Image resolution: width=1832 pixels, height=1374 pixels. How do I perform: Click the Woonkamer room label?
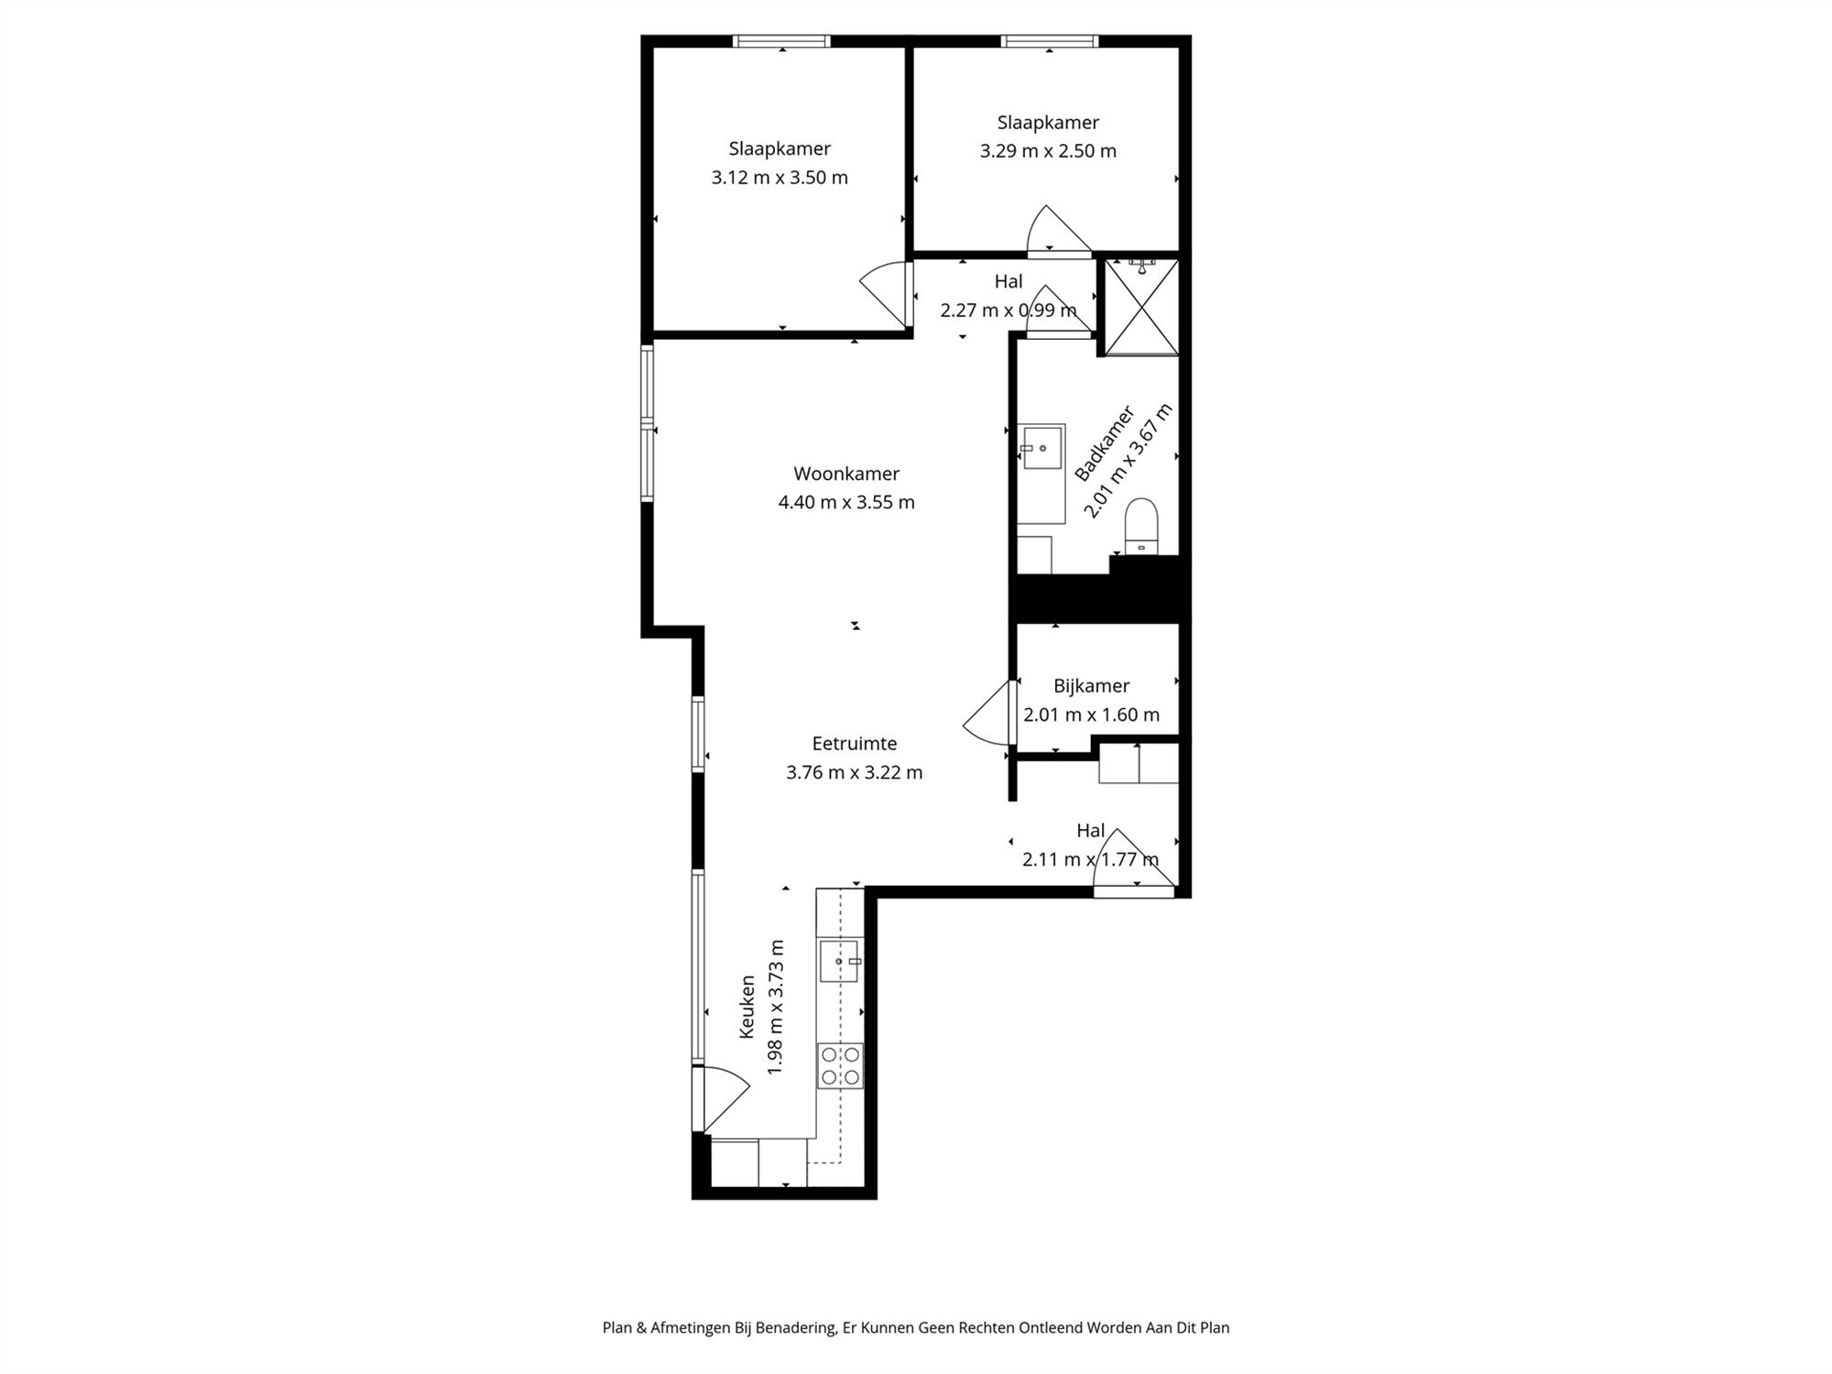click(846, 474)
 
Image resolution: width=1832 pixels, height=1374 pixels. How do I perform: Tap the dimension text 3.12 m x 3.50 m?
click(780, 178)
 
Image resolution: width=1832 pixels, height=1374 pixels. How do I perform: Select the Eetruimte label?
click(854, 744)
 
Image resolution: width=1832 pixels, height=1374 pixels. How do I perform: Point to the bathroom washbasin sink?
click(1042, 448)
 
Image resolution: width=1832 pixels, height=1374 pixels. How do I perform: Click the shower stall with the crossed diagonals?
click(1141, 307)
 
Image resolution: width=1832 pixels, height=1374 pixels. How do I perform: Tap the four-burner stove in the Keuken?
click(840, 1066)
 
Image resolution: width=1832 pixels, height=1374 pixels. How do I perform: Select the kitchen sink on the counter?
click(839, 961)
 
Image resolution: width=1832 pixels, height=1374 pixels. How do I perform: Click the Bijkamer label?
click(1091, 685)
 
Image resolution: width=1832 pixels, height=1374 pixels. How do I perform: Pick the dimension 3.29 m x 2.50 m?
click(1048, 151)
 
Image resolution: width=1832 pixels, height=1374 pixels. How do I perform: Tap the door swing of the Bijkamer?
click(989, 714)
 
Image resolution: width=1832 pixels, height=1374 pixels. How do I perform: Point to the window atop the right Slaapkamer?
click(1049, 41)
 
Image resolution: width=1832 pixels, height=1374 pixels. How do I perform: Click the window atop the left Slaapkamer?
click(782, 41)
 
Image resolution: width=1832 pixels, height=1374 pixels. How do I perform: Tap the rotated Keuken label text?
click(747, 1006)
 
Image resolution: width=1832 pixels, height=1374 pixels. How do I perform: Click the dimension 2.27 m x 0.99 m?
click(1008, 311)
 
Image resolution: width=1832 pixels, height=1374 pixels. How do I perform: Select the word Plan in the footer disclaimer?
click(617, 1327)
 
